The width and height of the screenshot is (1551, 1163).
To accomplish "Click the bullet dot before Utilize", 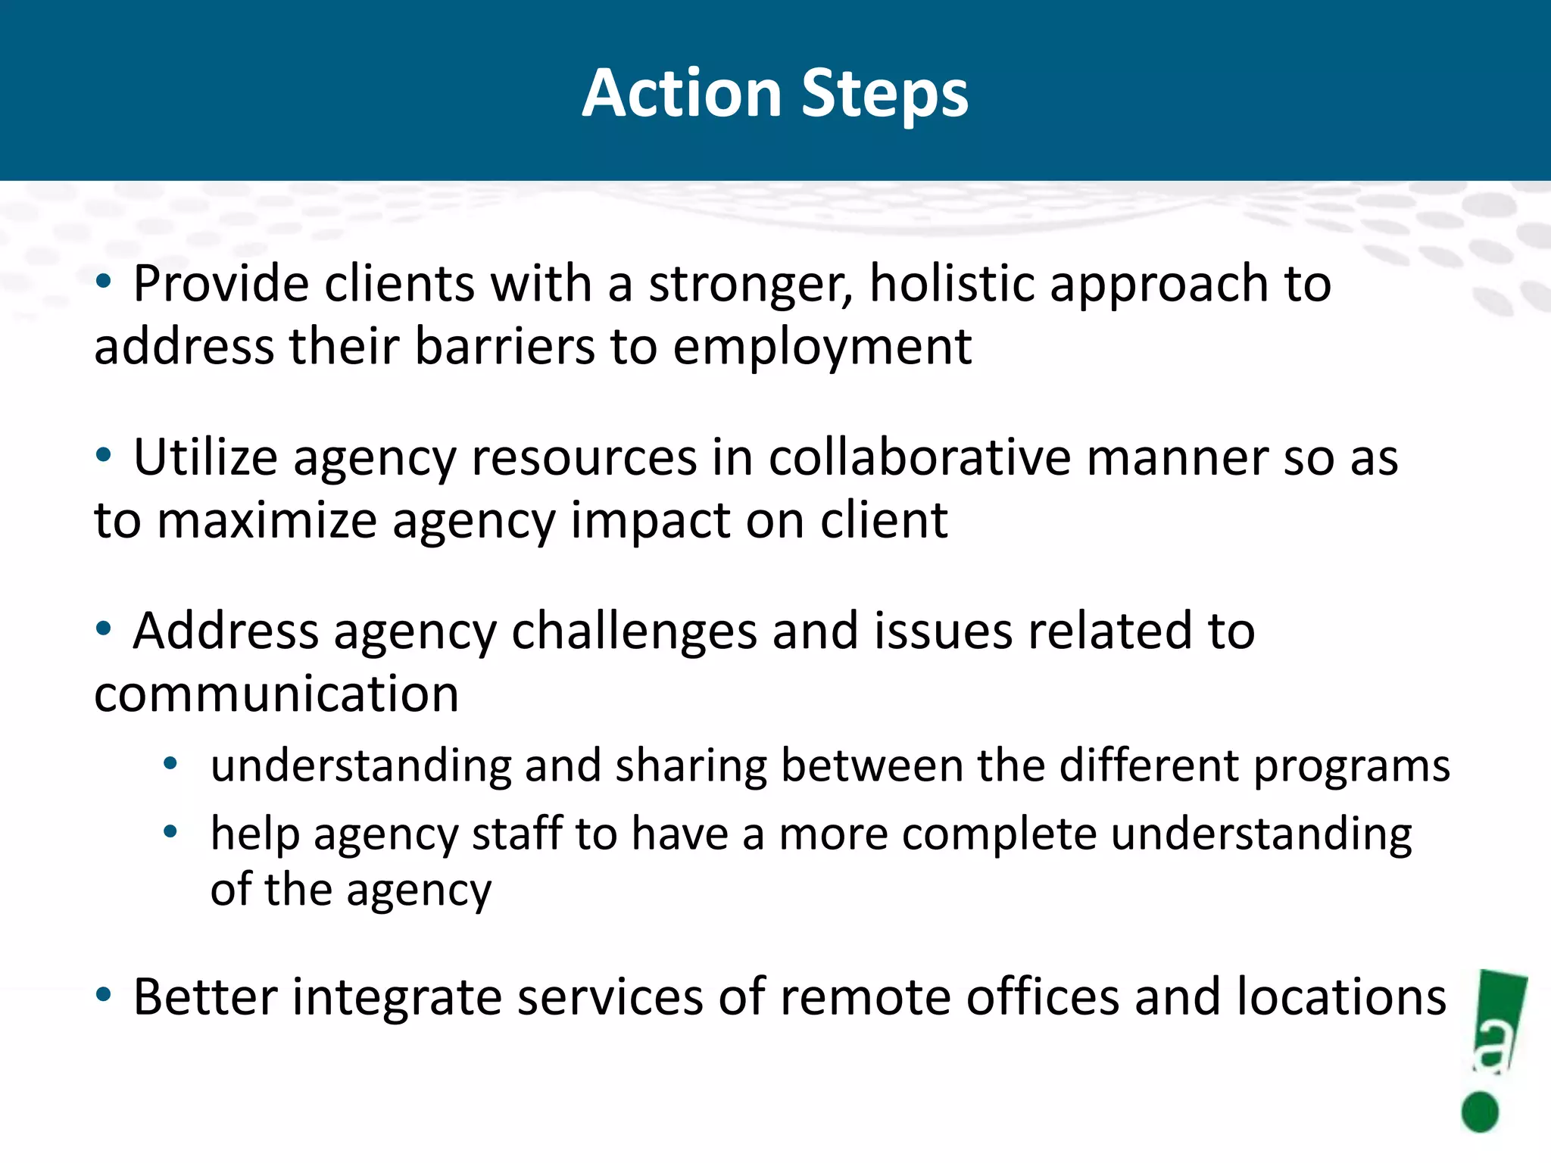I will (104, 456).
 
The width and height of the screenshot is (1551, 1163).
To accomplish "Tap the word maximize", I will (267, 521).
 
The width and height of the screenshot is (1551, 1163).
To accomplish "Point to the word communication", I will (276, 694).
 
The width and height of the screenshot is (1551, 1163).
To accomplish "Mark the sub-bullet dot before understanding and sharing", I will (170, 764).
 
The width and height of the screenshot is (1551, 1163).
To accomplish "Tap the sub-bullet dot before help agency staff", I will (170, 832).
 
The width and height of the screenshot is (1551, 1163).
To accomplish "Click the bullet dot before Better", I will (104, 995).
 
